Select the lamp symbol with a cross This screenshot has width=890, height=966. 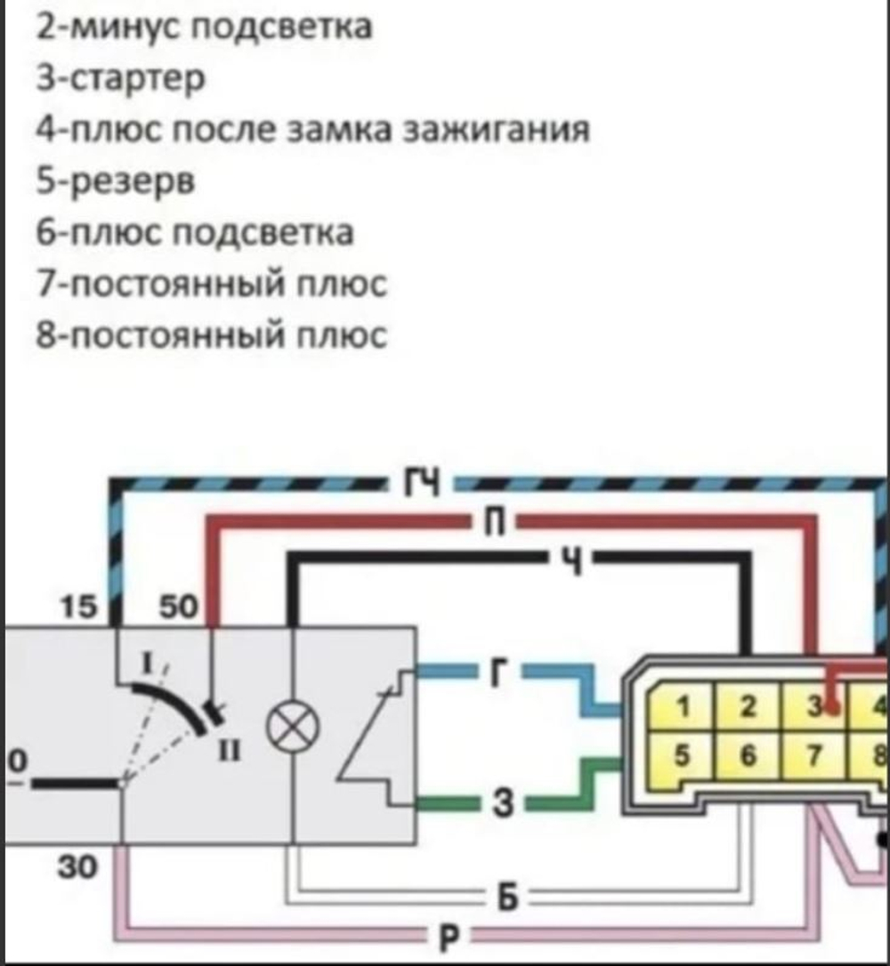(292, 732)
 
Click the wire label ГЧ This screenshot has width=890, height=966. (425, 483)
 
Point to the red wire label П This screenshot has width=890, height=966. (496, 523)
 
